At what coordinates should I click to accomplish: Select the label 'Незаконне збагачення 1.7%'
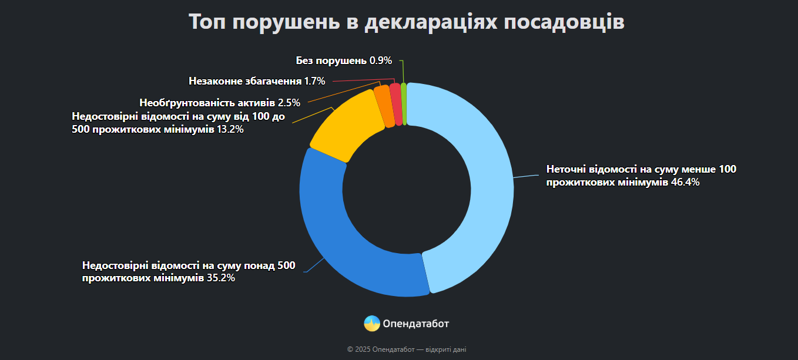pos(257,80)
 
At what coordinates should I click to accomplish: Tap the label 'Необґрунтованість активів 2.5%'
pos(220,103)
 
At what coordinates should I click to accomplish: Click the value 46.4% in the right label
pos(685,182)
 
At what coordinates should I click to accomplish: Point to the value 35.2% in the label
pos(221,278)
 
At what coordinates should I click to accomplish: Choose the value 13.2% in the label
pos(230,129)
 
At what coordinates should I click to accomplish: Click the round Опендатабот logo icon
pos(372,324)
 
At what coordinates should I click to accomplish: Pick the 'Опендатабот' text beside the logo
pos(415,324)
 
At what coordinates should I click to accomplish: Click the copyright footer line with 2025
pos(407,349)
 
